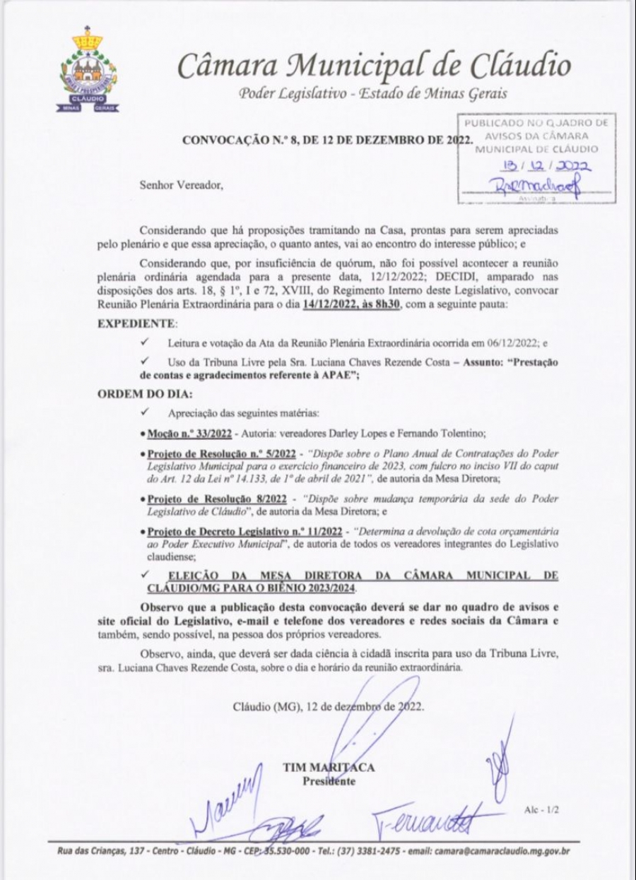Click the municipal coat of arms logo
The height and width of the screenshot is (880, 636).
[x=88, y=71]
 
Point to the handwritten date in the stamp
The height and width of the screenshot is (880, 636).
[x=538, y=167]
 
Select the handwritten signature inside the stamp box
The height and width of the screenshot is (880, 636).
[x=538, y=185]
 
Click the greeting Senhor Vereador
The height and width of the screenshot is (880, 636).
[x=182, y=186]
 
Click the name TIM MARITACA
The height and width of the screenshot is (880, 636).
[x=329, y=768]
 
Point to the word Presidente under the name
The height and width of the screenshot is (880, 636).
[x=329, y=781]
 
